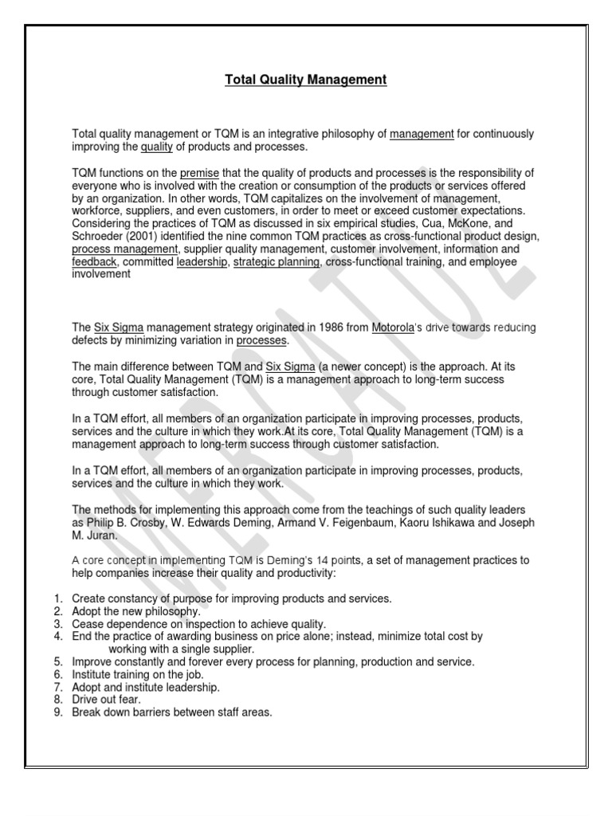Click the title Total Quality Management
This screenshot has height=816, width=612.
point(306,80)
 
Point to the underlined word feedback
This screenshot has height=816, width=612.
point(95,261)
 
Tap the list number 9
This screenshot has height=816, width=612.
point(58,712)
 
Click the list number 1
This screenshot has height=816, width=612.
point(58,598)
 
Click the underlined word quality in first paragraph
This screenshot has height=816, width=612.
point(156,147)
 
